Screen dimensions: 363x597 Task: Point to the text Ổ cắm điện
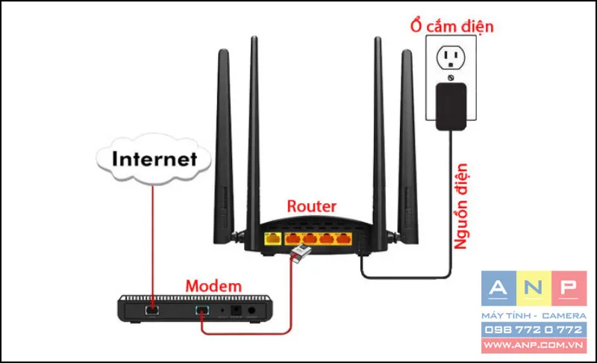pyautogui.click(x=451, y=27)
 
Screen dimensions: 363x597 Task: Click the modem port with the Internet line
pyautogui.click(x=151, y=307)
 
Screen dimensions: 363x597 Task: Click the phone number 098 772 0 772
pyautogui.click(x=534, y=329)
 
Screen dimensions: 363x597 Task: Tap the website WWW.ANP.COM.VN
pyautogui.click(x=534, y=345)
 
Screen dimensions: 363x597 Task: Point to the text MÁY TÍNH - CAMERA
pyautogui.click(x=534, y=316)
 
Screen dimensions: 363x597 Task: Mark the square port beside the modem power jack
pyautogui.click(x=238, y=308)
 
